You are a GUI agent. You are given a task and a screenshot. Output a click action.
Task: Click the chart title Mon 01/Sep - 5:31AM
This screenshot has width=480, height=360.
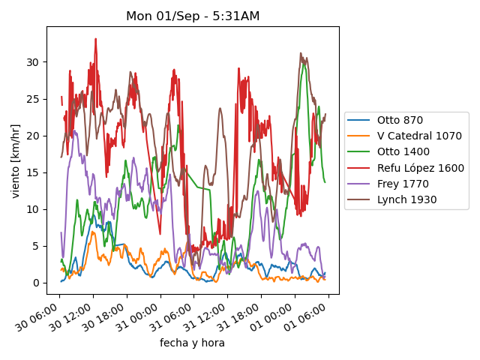(x=193, y=16)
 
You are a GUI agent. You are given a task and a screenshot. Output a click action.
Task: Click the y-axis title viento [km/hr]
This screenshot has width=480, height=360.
(x=16, y=160)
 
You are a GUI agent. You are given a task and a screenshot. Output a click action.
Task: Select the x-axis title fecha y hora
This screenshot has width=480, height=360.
(x=192, y=343)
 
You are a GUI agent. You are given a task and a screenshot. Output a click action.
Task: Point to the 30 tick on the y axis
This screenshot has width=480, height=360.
(x=33, y=61)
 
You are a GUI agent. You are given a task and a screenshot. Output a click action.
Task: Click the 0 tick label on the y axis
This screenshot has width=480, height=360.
(x=36, y=283)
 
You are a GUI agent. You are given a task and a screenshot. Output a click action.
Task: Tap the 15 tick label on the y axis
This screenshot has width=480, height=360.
(x=33, y=172)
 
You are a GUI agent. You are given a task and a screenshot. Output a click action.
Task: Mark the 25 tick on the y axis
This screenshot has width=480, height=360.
(x=33, y=98)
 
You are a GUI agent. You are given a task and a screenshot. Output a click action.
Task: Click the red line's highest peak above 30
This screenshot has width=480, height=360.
(x=96, y=39)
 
